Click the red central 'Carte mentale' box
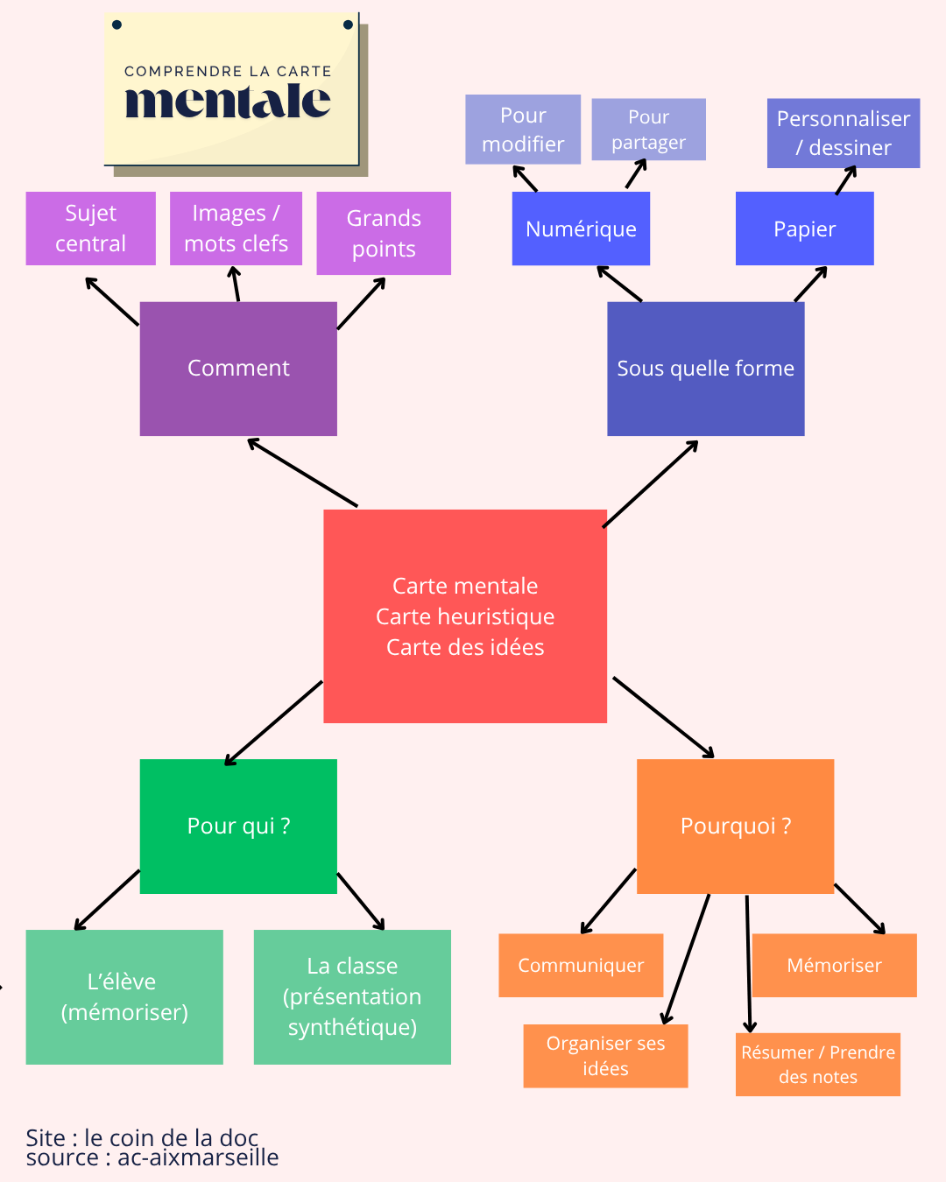[465, 616]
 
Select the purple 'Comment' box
[238, 369]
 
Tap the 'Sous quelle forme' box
[705, 369]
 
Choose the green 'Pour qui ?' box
[238, 826]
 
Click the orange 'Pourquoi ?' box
[735, 826]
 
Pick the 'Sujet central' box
[91, 229]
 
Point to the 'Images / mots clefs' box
[236, 229]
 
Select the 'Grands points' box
[384, 233]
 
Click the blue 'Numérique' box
[581, 229]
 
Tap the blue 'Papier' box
[804, 229]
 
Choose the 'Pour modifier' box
[523, 130]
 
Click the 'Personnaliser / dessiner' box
[843, 133]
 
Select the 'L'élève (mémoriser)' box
[124, 996]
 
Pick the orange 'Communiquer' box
[581, 965]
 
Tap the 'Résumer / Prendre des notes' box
[817, 1064]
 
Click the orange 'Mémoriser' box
[834, 965]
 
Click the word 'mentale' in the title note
[228, 101]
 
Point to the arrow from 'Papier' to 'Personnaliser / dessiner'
[846, 180]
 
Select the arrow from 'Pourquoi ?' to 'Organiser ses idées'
[688, 959]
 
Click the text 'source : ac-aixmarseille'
[152, 1158]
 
